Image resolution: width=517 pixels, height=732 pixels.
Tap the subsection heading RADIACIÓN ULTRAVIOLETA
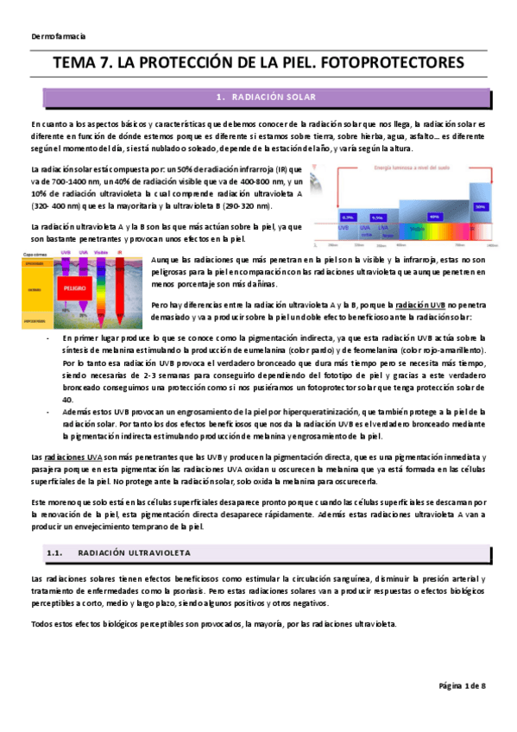click(x=135, y=552)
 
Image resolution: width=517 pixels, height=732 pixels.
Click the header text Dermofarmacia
click(x=58, y=36)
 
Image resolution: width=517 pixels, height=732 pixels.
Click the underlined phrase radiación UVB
click(x=422, y=304)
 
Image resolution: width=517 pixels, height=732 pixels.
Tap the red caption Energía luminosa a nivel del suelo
click(x=406, y=172)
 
